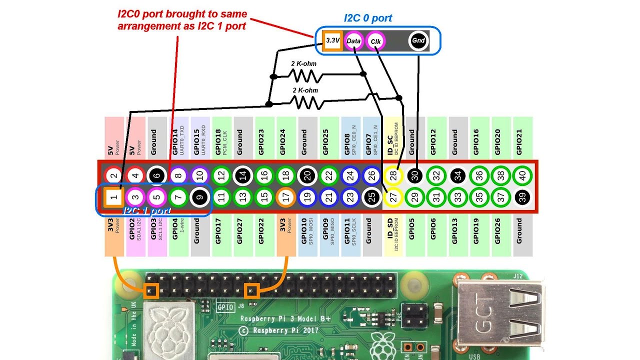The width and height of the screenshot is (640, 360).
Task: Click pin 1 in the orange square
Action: (113, 197)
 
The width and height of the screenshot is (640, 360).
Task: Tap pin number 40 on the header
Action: (522, 175)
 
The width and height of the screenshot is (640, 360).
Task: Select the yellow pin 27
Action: (393, 197)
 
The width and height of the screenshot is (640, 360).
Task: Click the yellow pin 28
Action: (393, 175)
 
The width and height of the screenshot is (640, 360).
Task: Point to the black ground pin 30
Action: (414, 175)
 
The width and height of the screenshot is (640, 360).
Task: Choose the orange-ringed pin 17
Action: (285, 197)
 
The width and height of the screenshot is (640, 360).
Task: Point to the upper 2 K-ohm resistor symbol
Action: (305, 75)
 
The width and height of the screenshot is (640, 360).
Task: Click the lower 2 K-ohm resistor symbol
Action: (305, 102)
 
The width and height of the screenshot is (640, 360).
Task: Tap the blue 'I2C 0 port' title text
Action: (368, 18)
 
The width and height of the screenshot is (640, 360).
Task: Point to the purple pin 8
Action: (178, 175)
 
